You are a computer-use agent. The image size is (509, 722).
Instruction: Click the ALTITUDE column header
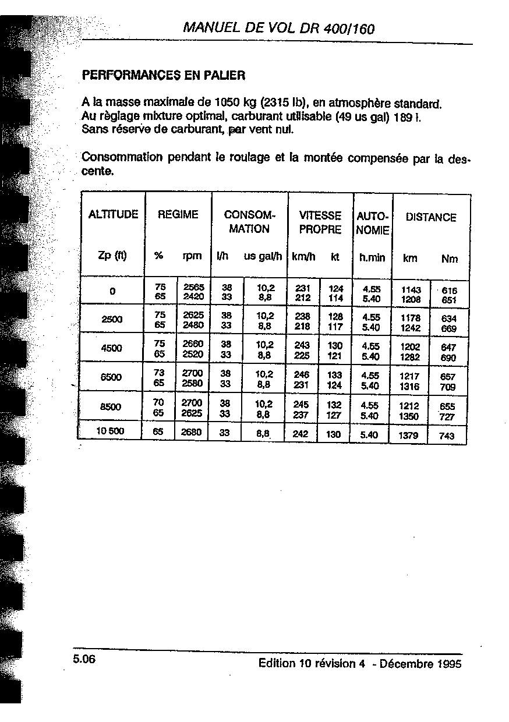[x=113, y=214]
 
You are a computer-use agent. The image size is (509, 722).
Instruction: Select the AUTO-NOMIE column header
[x=372, y=222]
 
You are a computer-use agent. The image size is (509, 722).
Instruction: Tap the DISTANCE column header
[x=431, y=217]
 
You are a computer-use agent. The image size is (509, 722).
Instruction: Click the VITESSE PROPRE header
[x=320, y=222]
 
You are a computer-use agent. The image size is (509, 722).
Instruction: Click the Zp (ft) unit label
[x=112, y=256]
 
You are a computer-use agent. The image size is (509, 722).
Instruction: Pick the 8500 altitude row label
[x=111, y=406]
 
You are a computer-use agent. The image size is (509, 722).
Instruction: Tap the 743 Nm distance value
[x=446, y=436]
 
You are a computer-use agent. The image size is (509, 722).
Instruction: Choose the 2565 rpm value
[x=193, y=287]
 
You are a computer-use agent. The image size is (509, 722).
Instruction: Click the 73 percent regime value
[x=159, y=373]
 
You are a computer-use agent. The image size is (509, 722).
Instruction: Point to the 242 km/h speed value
[x=300, y=434]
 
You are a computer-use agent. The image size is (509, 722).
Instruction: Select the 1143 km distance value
[x=411, y=289]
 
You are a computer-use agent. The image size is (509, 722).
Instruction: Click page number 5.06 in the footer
[x=84, y=659]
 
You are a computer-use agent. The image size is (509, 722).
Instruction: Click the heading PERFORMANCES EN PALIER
[x=164, y=75]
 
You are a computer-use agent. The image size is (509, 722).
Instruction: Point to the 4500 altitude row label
[x=111, y=348]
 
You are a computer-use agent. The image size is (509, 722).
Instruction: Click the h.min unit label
[x=372, y=257]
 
